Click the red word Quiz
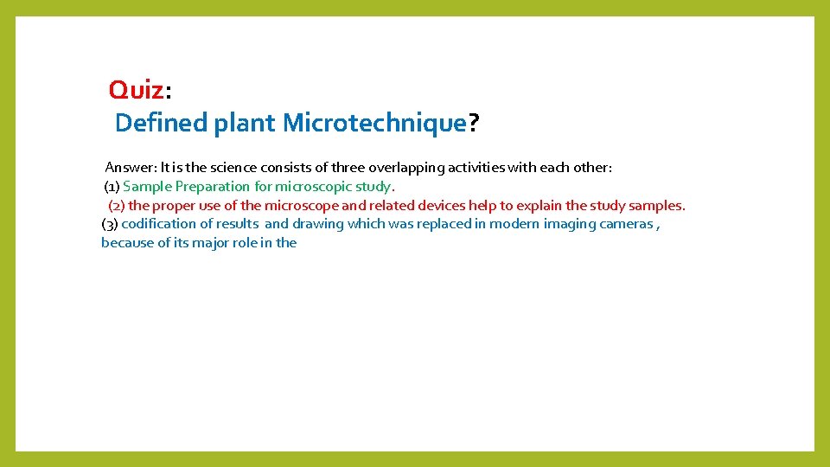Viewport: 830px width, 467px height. click(136, 89)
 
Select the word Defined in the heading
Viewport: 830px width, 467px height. click(161, 124)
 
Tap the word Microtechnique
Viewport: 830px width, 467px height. click(374, 124)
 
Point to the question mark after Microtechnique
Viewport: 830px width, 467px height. click(473, 124)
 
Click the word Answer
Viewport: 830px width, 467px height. click(130, 168)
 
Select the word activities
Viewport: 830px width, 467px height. click(478, 168)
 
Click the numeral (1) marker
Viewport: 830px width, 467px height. click(112, 187)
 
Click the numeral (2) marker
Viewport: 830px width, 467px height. click(117, 206)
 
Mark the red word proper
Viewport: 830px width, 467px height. click(176, 206)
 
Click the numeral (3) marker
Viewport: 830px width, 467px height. click(110, 224)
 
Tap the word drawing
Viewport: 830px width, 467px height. click(317, 224)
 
